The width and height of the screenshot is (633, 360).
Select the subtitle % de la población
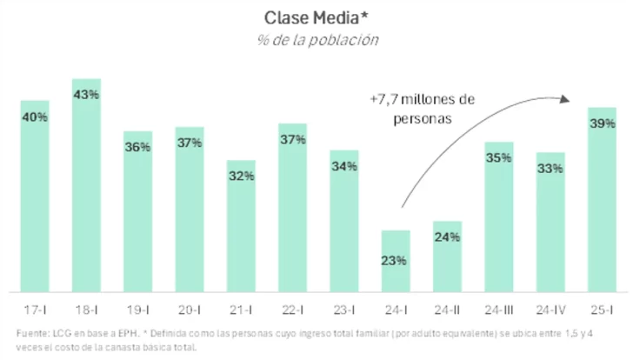pyautogui.click(x=317, y=39)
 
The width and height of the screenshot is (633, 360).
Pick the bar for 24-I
pyautogui.click(x=396, y=261)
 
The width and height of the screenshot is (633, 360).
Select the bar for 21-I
pyautogui.click(x=241, y=226)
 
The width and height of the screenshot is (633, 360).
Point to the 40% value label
pyautogui.click(x=35, y=118)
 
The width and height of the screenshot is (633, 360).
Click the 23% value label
pyautogui.click(x=396, y=259)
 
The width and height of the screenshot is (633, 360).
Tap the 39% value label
pyautogui.click(x=602, y=123)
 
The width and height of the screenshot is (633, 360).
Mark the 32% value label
pyautogui.click(x=241, y=176)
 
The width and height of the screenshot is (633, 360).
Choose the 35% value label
pyautogui.click(x=498, y=158)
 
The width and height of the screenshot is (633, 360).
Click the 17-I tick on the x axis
pyautogui.click(x=35, y=310)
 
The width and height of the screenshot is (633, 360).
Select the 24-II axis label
pyautogui.click(x=447, y=310)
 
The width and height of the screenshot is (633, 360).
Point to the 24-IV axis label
pyautogui.click(x=550, y=310)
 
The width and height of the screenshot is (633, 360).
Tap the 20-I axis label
pyautogui.click(x=190, y=310)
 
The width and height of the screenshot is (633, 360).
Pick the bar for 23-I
pyautogui.click(x=343, y=221)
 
